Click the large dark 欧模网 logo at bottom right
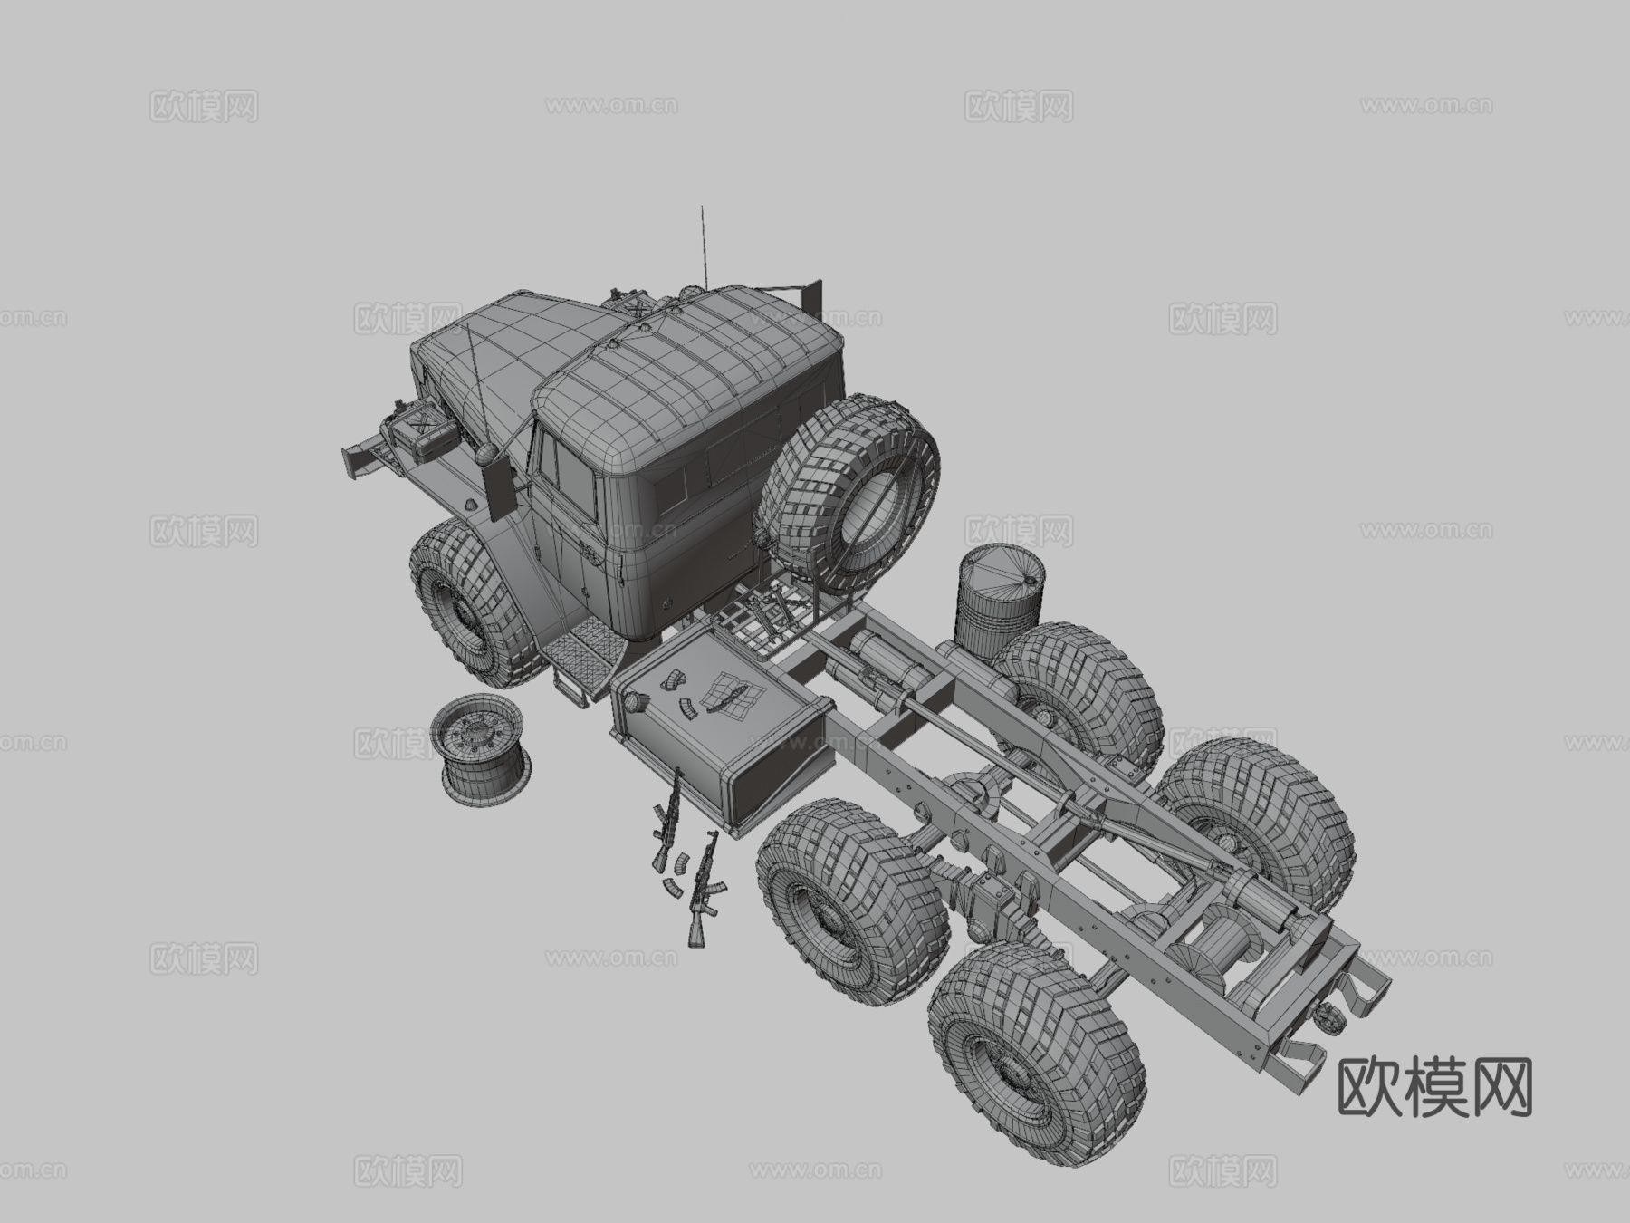click(1434, 1087)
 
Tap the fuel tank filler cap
click(632, 700)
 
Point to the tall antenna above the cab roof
click(702, 245)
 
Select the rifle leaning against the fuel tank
click(668, 815)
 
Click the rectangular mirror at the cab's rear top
click(812, 295)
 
